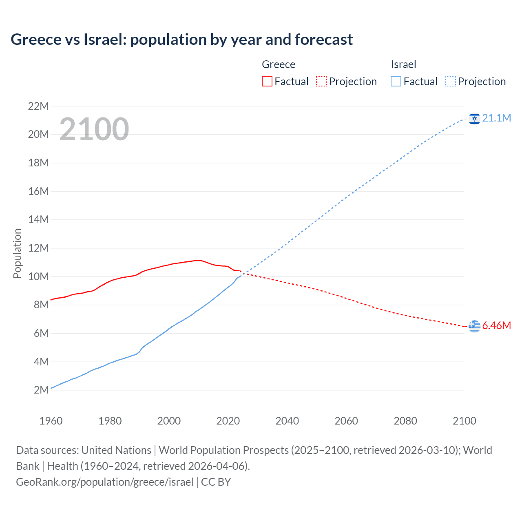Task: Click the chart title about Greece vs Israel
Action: [181, 40]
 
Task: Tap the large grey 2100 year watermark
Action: [94, 129]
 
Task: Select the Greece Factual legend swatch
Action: [267, 81]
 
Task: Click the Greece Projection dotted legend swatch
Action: [321, 81]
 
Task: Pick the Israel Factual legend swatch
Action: [396, 81]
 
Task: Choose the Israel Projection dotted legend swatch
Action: [451, 81]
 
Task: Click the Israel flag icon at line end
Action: [474, 119]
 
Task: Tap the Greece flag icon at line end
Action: [474, 326]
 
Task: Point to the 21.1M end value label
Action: [496, 118]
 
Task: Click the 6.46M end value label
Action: [496, 325]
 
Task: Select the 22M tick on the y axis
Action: [38, 106]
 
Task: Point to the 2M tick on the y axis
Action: [41, 390]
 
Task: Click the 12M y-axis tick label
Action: [38, 248]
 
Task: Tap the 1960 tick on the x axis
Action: [51, 421]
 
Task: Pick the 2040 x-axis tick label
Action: [287, 421]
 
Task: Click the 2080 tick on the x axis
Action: [405, 421]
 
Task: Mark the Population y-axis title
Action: [17, 253]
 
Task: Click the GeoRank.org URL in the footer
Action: [104, 482]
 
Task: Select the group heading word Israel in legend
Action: [403, 64]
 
